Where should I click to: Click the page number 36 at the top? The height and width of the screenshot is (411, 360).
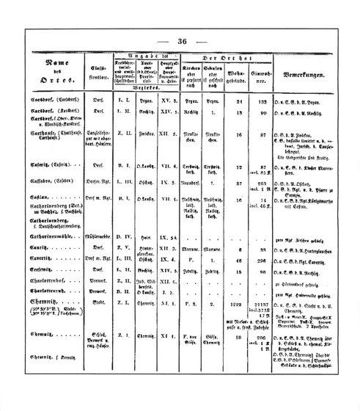pyautogui.click(x=183, y=41)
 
